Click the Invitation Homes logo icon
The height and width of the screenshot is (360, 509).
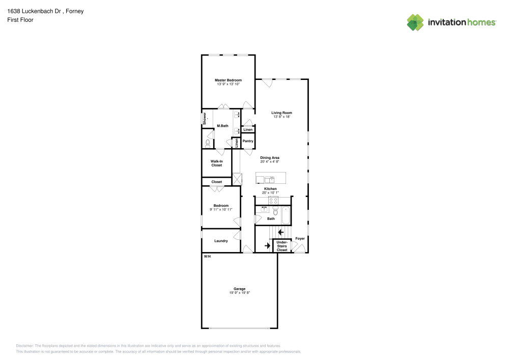pos(415,22)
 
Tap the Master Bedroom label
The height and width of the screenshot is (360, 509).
pos(228,80)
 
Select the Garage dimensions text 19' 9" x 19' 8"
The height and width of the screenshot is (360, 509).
pos(239,293)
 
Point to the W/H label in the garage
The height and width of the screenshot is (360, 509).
pos(207,256)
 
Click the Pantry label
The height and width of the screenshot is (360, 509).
pos(248,141)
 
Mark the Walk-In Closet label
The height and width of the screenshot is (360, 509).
pos(217,163)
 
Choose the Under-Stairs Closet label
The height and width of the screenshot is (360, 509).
pos(281,246)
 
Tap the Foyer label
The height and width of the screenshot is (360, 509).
pos(300,238)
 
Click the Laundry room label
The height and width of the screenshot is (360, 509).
pos(221,240)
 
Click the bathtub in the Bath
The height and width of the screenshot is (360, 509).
pos(286,215)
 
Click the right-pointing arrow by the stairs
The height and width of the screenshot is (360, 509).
pos(267,246)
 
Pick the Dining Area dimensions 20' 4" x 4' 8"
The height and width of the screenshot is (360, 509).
pos(270,162)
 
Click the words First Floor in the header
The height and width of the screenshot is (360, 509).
pos(20,20)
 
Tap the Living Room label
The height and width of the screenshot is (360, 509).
pos(281,113)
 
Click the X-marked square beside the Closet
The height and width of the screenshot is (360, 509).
pos(237,179)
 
